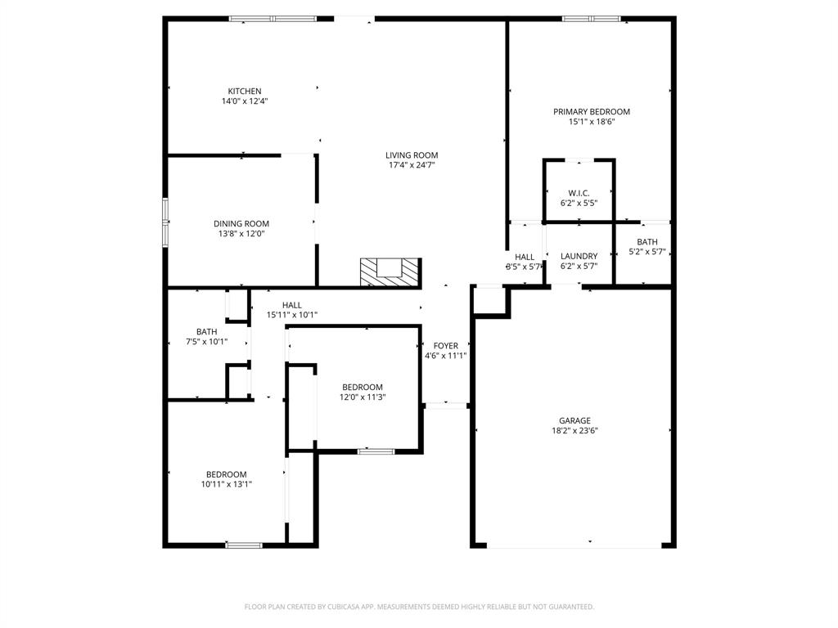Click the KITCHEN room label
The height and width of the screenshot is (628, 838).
point(245,91)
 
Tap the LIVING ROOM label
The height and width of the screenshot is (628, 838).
point(412,155)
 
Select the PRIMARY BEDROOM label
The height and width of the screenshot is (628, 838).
point(591,111)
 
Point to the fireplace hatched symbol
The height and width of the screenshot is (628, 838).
point(390,271)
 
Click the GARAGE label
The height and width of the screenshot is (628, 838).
point(574,420)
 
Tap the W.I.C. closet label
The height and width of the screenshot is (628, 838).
point(579,192)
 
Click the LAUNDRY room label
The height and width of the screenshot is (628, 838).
point(579,256)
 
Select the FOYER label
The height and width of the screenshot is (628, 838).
point(445,346)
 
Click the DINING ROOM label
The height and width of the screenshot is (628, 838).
point(241,223)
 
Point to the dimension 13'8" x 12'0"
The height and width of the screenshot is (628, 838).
point(241,234)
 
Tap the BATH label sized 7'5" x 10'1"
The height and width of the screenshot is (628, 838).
point(206,331)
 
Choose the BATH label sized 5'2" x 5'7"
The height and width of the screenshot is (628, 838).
point(647,241)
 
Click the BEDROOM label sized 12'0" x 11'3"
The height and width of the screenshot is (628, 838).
point(362,387)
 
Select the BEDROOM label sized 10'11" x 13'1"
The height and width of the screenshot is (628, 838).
point(226,474)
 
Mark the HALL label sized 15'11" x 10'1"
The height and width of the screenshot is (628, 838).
point(291,305)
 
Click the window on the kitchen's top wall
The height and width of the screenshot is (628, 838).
point(273,18)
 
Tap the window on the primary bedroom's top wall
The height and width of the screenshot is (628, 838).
point(591,18)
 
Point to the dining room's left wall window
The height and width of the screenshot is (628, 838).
point(165,222)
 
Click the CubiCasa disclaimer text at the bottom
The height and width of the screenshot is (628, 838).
point(419,607)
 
